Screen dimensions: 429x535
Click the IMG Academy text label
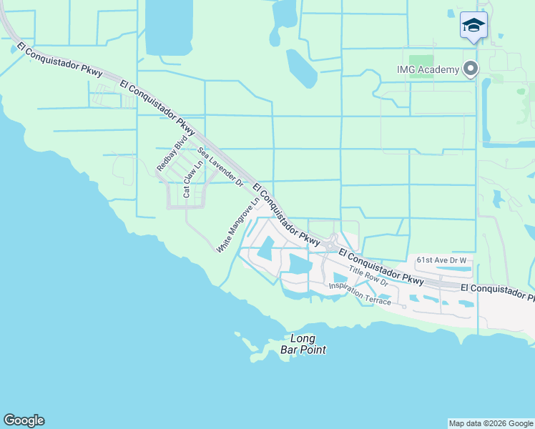[x=428, y=69]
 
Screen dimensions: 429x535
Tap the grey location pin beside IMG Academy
[x=470, y=69]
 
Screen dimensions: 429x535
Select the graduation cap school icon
[x=473, y=25]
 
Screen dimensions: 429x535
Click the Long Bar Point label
[x=308, y=344]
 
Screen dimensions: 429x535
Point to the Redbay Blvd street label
[x=167, y=153]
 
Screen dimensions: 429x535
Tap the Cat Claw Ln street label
[x=188, y=178]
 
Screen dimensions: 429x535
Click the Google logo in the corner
[x=24, y=420]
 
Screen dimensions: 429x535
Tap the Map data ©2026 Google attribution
[x=491, y=423]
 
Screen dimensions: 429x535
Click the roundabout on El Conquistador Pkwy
[x=330, y=245]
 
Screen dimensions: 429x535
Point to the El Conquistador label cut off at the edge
[x=497, y=290]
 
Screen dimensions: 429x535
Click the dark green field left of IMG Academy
[x=423, y=62]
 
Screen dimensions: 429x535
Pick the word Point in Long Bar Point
[x=313, y=350]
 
